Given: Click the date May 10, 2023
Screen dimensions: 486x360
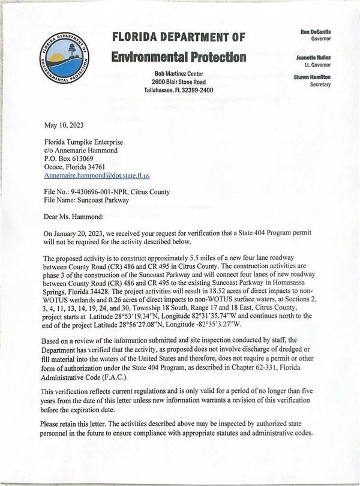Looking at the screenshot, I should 64,125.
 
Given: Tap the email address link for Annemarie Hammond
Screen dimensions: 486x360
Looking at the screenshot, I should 97,176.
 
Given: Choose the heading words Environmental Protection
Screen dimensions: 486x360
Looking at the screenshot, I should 178,57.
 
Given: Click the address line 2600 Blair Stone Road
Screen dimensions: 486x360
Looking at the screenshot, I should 178,82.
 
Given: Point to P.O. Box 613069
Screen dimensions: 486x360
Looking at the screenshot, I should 69,158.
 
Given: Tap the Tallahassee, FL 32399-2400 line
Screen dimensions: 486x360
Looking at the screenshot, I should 178,90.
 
